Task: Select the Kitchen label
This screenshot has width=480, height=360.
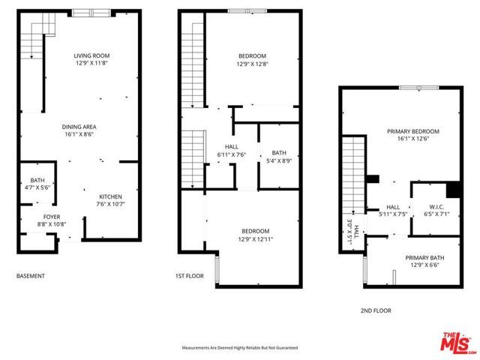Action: [x=109, y=196]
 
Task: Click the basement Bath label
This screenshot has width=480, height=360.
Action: [x=37, y=180]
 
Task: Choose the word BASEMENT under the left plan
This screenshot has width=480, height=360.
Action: [x=31, y=276]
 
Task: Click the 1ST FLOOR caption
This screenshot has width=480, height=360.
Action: [x=190, y=276]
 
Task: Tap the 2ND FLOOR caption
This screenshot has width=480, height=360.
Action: [x=375, y=310]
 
